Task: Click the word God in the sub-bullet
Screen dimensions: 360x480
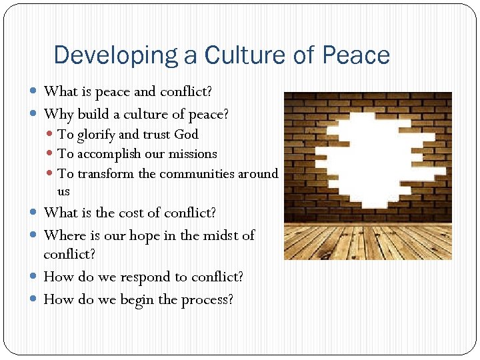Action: [x=186, y=135]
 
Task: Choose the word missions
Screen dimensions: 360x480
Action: [x=192, y=154]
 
